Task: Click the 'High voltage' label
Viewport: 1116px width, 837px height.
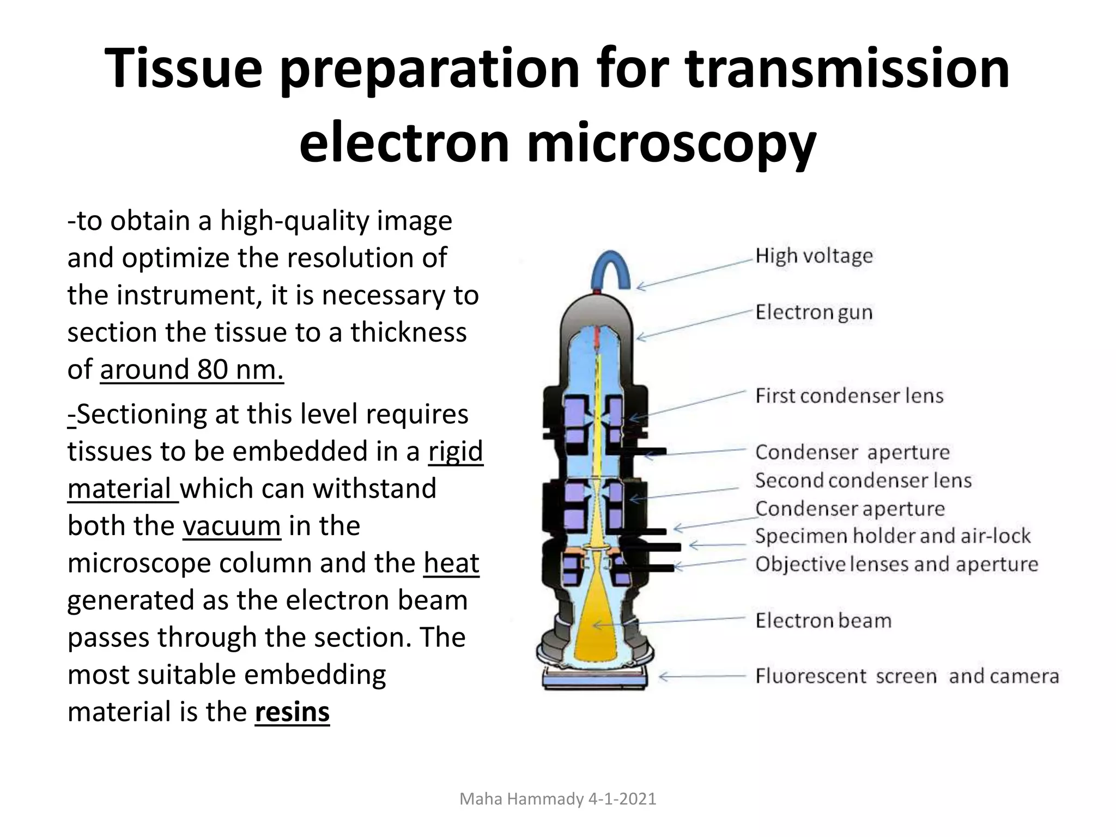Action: coord(814,256)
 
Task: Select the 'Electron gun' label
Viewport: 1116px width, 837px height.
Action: coord(814,312)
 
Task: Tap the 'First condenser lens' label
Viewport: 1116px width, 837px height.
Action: coord(849,396)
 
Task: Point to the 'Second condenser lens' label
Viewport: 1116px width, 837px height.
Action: coord(863,480)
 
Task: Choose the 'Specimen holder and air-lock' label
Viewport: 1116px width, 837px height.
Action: coord(893,536)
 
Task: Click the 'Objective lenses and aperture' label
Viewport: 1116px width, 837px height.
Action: coord(896,564)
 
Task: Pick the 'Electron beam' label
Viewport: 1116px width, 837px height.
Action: coord(823,620)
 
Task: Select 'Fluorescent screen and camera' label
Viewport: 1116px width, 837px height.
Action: coord(907,676)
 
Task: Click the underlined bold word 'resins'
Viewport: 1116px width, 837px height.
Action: coord(292,712)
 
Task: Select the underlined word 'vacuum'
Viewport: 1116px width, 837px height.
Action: coord(232,526)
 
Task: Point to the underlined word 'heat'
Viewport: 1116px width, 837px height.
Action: coord(451,563)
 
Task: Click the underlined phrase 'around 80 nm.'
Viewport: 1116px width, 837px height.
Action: coord(192,369)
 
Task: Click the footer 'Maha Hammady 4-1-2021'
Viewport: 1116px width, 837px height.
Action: coord(558,799)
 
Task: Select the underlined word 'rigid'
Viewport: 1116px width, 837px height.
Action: coord(456,451)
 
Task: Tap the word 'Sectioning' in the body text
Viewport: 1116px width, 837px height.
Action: coord(142,414)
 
